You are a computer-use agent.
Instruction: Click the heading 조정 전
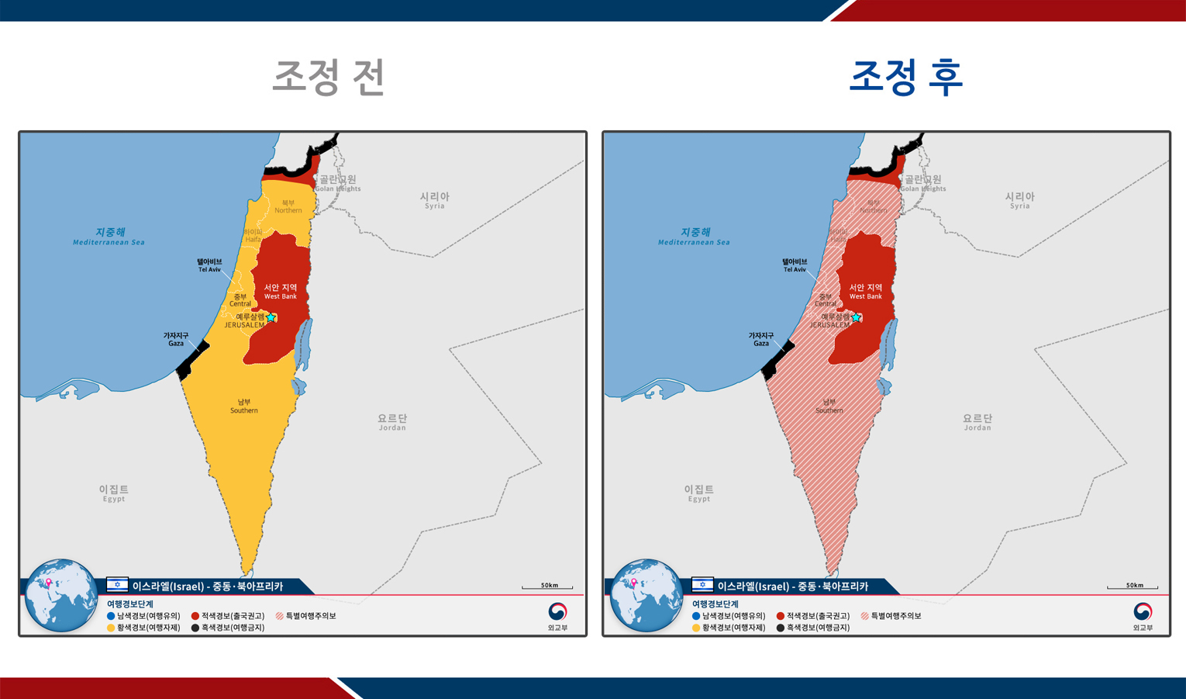pyautogui.click(x=329, y=77)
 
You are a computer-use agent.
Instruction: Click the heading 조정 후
pyautogui.click(x=905, y=77)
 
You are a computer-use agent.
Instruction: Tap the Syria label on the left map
pyautogui.click(x=434, y=200)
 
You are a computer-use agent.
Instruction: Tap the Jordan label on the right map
pyautogui.click(x=977, y=422)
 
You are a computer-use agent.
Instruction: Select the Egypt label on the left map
pyautogui.click(x=114, y=493)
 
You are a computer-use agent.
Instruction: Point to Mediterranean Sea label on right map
pyautogui.click(x=695, y=237)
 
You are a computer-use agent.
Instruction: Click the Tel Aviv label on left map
pyautogui.click(x=209, y=265)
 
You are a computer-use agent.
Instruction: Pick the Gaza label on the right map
pyautogui.click(x=761, y=339)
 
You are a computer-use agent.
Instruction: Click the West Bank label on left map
pyautogui.click(x=280, y=291)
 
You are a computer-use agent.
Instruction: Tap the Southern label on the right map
pyautogui.click(x=829, y=406)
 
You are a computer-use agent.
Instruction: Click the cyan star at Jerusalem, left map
pyautogui.click(x=271, y=317)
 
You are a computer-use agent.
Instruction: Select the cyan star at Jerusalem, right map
pyautogui.click(x=856, y=317)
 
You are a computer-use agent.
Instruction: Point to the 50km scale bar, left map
pyautogui.click(x=547, y=587)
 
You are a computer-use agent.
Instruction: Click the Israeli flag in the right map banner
pyautogui.click(x=702, y=585)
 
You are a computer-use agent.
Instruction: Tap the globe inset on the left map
pyautogui.click(x=60, y=595)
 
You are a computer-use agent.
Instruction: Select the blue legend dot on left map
pyautogui.click(x=111, y=616)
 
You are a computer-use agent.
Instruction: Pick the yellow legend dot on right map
pyautogui.click(x=696, y=628)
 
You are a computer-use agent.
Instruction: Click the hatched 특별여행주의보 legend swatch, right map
pyautogui.click(x=864, y=616)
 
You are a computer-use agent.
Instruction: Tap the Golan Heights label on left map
pyautogui.click(x=338, y=183)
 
